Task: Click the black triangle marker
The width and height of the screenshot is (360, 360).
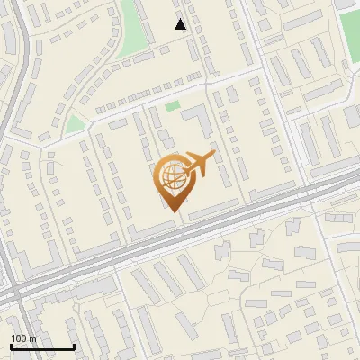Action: (181, 24)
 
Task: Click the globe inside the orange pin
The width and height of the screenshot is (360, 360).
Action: (172, 178)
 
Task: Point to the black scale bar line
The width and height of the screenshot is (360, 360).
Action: (42, 347)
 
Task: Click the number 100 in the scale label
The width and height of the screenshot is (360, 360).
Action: (20, 338)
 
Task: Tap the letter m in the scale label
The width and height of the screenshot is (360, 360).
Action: (33, 338)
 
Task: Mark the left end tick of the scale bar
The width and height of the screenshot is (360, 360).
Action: (11, 346)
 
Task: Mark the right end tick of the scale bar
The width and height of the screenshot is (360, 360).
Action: (74, 346)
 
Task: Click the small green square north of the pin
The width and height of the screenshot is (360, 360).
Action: (172, 106)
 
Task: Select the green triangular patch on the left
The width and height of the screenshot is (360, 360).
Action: (76, 123)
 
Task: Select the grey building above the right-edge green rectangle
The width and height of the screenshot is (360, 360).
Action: (346, 4)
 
